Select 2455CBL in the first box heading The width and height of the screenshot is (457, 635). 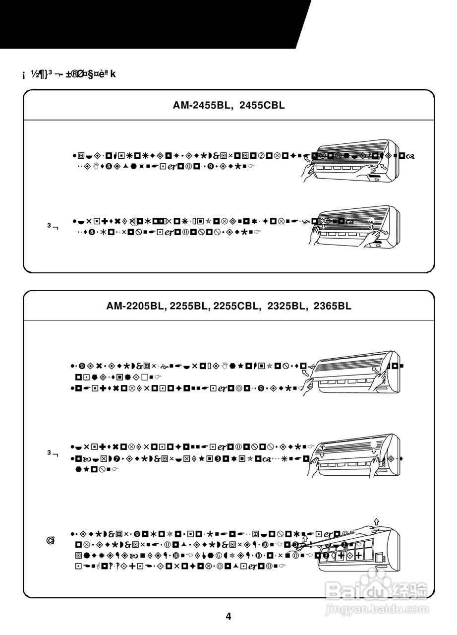pos(262,105)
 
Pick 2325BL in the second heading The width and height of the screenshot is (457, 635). pos(287,306)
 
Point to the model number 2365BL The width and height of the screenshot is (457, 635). pos(332,306)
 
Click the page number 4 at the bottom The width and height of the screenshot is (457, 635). pos(228,617)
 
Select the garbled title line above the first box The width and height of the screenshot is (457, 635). pos(69,74)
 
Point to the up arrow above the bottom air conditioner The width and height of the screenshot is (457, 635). pos(377,521)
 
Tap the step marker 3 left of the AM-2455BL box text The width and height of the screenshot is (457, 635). pos(52,226)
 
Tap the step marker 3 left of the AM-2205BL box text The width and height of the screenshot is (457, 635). pos(52,453)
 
